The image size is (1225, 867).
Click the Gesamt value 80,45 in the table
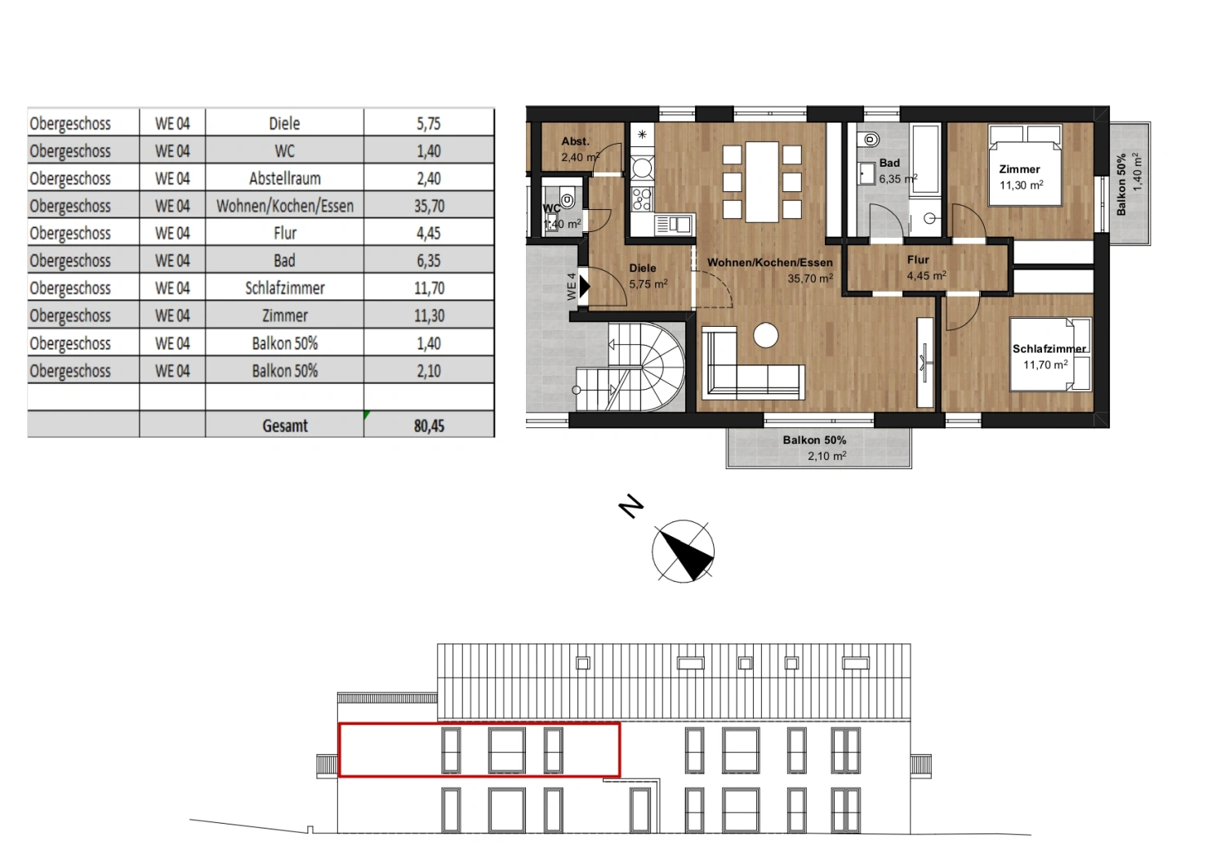tap(429, 426)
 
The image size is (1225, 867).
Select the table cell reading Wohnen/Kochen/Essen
tap(284, 206)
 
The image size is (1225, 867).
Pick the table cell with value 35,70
tap(429, 206)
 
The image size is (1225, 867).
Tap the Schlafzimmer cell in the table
tap(284, 288)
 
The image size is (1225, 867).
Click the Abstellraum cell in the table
tap(284, 178)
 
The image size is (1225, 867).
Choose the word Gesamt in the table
tap(285, 426)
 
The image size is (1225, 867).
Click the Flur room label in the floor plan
tap(918, 260)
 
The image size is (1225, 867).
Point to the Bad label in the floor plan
tap(889, 163)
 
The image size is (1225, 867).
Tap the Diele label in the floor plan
tap(643, 268)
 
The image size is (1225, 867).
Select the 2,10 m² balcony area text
tap(826, 456)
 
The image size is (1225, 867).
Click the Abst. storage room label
tap(575, 141)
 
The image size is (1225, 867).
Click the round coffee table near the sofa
tap(765, 335)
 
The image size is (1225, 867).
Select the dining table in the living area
tap(762, 181)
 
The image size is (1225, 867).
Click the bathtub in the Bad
tap(925, 159)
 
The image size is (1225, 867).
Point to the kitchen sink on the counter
tap(675, 224)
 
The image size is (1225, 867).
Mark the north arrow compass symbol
tap(684, 552)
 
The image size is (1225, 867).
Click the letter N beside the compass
tap(630, 507)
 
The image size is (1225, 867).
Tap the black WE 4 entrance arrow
tap(584, 286)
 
